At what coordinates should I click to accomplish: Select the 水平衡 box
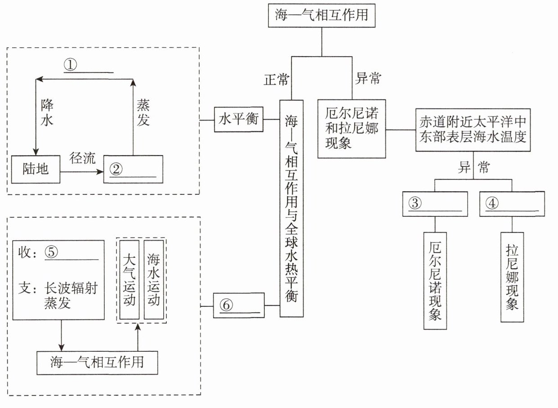(x=238, y=119)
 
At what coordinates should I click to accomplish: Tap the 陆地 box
(x=36, y=170)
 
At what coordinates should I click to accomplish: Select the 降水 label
(x=47, y=113)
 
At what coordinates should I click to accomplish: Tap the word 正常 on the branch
(x=276, y=80)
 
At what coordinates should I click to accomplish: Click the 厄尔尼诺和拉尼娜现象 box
(x=352, y=129)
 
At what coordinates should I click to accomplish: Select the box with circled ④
(x=512, y=204)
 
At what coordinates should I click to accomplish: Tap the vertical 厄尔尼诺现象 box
(x=435, y=281)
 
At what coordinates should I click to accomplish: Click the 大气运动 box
(x=129, y=279)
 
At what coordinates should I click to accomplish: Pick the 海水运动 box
(x=153, y=279)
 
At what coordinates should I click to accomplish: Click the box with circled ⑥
(x=239, y=305)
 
